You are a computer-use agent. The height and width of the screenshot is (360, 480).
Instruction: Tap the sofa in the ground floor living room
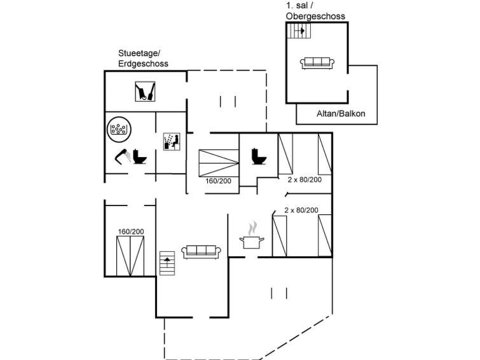(x=201, y=252)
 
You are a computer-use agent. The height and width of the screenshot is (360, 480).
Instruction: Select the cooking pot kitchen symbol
(x=252, y=238)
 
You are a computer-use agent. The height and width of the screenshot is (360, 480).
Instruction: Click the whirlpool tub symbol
(x=118, y=129)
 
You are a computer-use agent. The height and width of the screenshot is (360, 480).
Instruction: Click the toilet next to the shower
(x=140, y=157)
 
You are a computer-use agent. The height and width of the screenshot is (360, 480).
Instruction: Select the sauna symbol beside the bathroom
(x=172, y=141)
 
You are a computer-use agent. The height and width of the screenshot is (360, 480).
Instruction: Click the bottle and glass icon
(x=146, y=92)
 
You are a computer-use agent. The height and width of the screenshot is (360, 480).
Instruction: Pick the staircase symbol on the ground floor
(x=167, y=263)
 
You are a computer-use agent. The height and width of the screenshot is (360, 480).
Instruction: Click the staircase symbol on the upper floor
(x=297, y=31)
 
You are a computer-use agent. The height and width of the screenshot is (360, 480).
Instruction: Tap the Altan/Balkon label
(x=337, y=114)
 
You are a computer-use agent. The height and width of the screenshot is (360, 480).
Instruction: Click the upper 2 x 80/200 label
(x=305, y=180)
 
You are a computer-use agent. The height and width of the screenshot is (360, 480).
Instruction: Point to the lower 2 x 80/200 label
(x=301, y=210)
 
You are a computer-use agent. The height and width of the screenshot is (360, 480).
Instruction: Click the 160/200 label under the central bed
(x=219, y=181)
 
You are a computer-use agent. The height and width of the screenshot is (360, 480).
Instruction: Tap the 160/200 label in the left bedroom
(x=131, y=231)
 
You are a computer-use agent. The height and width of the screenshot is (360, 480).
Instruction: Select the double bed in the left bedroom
(x=131, y=256)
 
